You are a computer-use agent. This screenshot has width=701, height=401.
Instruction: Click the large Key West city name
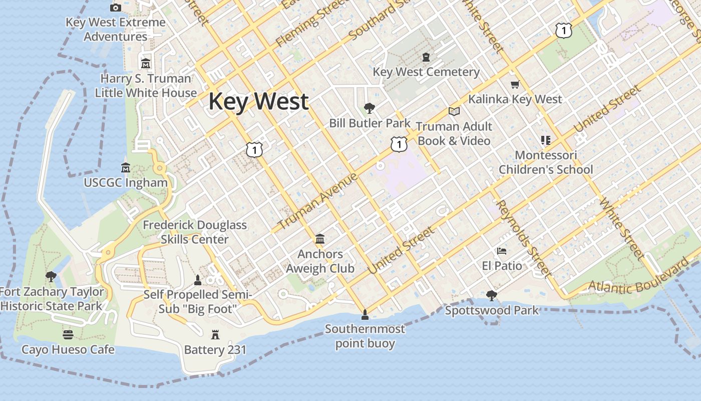(x=258, y=101)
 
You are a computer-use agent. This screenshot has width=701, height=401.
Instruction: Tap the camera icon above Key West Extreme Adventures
(x=116, y=8)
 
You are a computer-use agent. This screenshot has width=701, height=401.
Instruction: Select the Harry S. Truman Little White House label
(x=146, y=86)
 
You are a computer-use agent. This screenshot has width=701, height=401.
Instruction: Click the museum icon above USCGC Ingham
(x=126, y=167)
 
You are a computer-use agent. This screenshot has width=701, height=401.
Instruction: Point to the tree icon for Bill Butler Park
(x=370, y=108)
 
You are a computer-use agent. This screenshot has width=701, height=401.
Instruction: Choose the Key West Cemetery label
(x=426, y=72)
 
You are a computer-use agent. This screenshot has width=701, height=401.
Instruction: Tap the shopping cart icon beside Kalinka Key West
(x=515, y=84)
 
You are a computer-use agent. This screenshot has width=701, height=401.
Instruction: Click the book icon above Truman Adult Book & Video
(x=454, y=111)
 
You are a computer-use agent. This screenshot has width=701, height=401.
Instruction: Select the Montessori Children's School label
(x=546, y=162)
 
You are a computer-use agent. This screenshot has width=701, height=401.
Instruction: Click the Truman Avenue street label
(x=317, y=201)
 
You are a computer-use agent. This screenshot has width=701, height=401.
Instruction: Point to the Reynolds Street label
(x=523, y=238)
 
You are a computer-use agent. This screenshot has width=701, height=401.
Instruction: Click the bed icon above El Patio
(x=502, y=251)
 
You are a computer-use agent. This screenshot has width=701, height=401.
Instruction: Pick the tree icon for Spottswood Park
(x=492, y=296)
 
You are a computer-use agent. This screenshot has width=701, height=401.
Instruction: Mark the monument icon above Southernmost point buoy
(x=365, y=314)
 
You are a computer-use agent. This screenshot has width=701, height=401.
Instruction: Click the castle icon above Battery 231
(x=215, y=334)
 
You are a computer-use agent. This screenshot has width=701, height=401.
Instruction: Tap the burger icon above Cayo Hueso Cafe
(x=68, y=334)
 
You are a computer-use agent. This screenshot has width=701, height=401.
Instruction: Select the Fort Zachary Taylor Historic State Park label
(x=52, y=299)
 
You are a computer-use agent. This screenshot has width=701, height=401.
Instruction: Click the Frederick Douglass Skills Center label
(x=195, y=232)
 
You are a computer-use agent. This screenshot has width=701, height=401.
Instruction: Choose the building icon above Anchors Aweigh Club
(x=320, y=239)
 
